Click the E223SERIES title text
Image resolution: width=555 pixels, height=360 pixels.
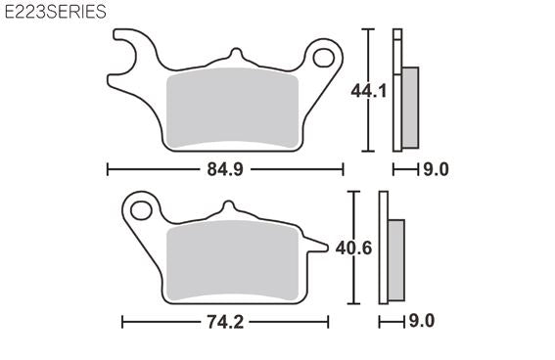point(56,12)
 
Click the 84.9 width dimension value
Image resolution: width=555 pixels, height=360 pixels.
point(225,169)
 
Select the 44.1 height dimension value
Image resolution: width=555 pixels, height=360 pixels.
point(369,91)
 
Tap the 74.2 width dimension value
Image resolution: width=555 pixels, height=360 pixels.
point(225,322)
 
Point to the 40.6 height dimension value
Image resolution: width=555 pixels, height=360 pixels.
point(353,247)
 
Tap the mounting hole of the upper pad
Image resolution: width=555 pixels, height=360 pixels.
point(324,58)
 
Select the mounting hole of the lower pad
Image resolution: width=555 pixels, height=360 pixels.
point(141,210)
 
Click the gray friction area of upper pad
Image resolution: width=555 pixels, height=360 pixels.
point(232,108)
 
